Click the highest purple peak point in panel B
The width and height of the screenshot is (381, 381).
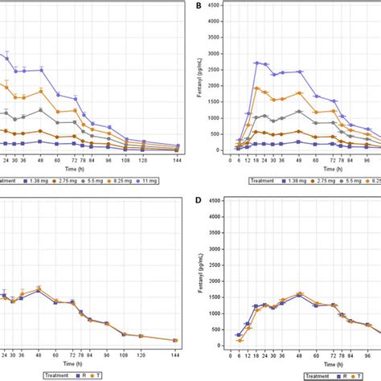[256, 62]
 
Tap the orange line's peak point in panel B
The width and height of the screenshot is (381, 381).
[256, 88]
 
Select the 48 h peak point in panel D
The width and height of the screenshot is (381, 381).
[300, 294]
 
